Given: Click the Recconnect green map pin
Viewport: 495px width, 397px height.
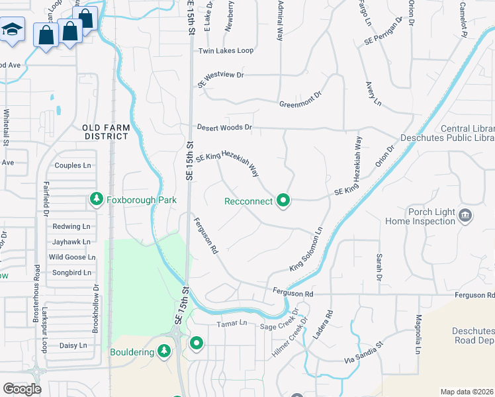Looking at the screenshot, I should (284, 200).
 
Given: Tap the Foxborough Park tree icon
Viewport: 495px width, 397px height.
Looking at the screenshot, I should (97, 198).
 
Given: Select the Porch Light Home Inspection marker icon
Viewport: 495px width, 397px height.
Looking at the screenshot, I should (465, 215).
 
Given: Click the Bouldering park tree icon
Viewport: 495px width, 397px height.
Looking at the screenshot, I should (164, 351).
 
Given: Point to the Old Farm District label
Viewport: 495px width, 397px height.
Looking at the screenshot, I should (105, 132).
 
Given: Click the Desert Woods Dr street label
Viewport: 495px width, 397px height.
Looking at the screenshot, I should (224, 127).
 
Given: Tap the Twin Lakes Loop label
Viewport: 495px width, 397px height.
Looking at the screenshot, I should (226, 50).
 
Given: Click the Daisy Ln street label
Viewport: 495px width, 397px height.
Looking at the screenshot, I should (73, 345).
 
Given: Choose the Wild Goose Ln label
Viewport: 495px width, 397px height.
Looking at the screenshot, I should (67, 257).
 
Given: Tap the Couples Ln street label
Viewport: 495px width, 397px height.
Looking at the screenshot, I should (73, 165).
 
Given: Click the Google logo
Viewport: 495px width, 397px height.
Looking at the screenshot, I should (22, 389).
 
